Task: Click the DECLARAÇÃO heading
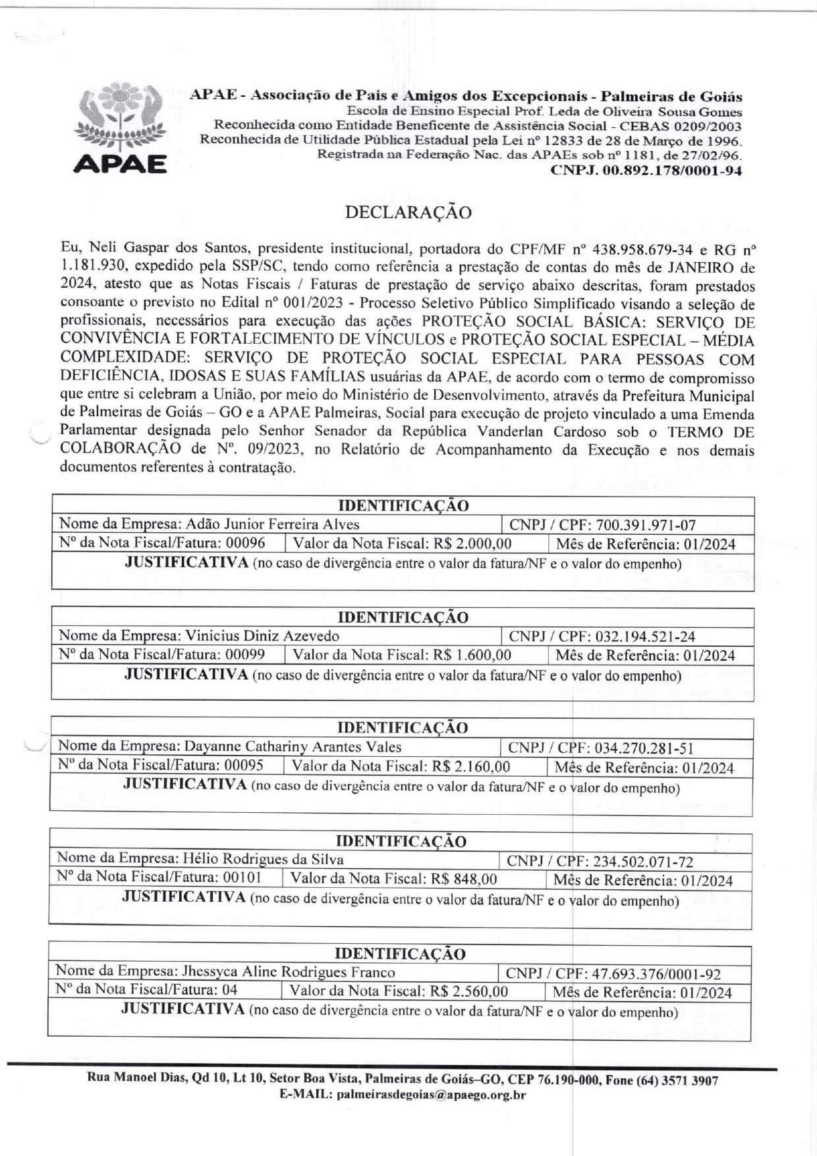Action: pyautogui.click(x=408, y=213)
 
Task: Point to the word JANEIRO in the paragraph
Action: pyautogui.click(x=702, y=267)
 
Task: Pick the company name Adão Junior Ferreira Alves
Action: pyautogui.click(x=273, y=525)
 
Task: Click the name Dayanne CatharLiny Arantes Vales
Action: pyautogui.click(x=293, y=747)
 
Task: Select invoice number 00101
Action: pyautogui.click(x=242, y=877)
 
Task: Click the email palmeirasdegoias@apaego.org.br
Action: pyautogui.click(x=431, y=1095)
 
